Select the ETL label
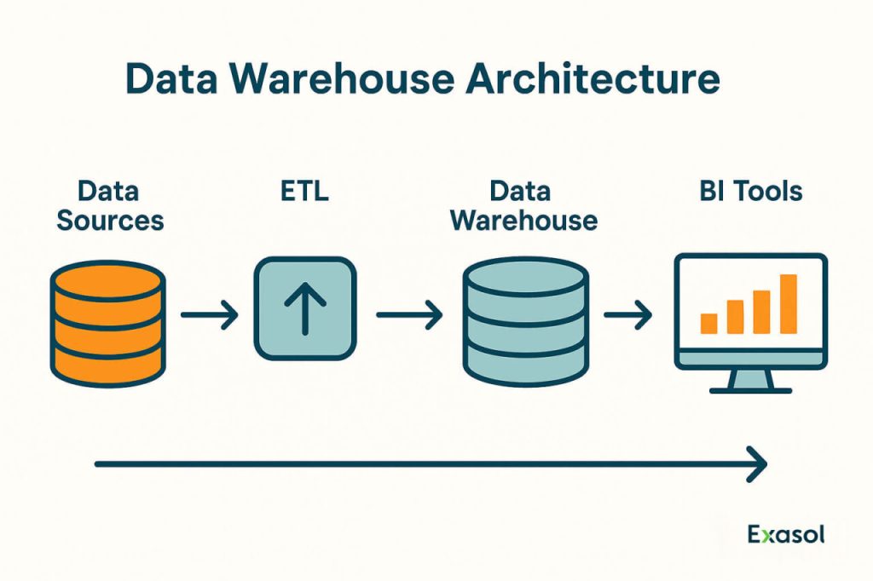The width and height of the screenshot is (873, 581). tap(304, 190)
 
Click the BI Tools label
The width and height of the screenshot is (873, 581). tap(750, 190)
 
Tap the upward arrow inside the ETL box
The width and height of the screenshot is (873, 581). tap(304, 309)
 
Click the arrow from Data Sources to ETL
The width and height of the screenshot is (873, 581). tap(210, 316)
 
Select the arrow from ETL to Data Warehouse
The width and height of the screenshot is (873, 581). tap(409, 316)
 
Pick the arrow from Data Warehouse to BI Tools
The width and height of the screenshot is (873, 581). tap(627, 316)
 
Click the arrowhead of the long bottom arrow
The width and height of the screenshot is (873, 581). tap(757, 464)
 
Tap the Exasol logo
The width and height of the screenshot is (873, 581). tap(786, 535)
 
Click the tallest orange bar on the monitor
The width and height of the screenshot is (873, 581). tap(788, 303)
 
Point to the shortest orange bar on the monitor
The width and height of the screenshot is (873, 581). tap(708, 323)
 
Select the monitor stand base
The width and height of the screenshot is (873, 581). tap(750, 389)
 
